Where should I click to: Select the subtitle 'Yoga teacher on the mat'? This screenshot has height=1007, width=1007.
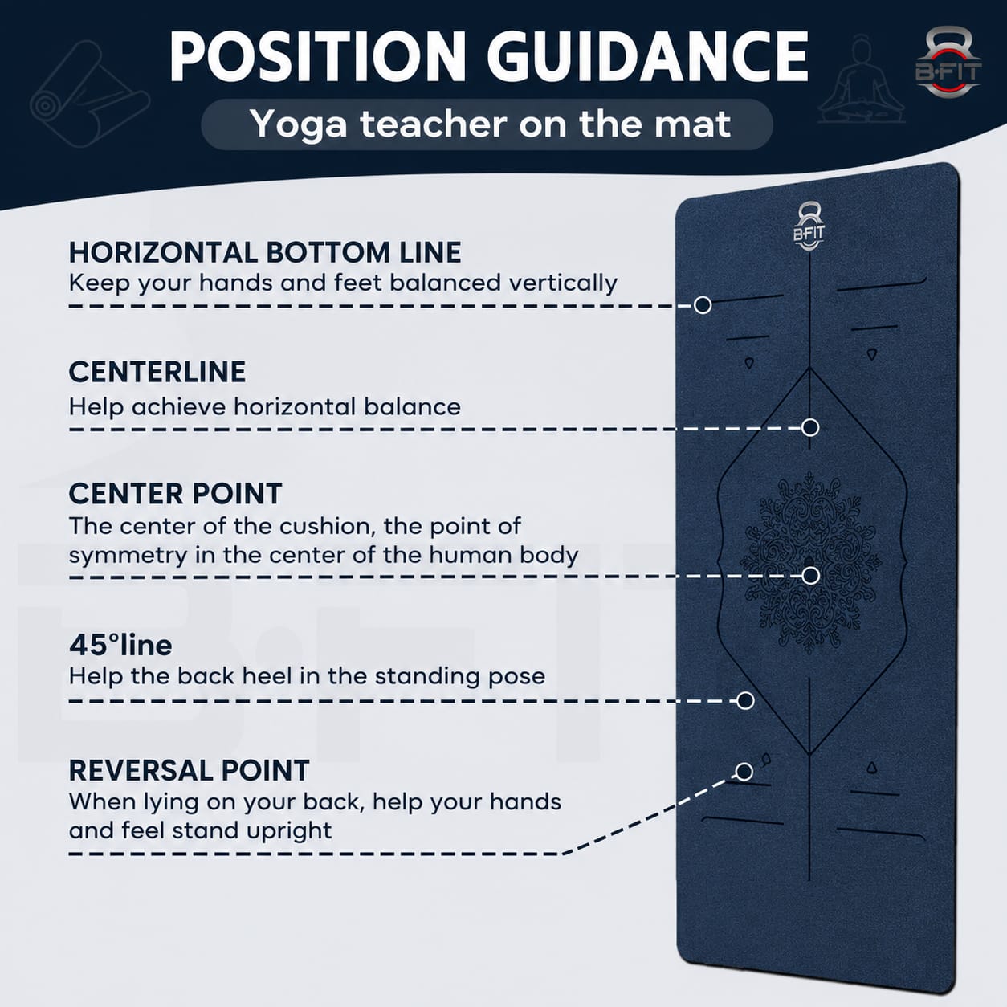point(490,125)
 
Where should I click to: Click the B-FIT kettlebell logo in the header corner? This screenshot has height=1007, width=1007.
point(948,63)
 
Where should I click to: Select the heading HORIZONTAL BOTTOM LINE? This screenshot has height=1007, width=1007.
point(265,252)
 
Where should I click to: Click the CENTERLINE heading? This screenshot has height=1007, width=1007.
point(157,372)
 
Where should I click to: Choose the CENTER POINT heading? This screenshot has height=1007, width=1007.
point(176,494)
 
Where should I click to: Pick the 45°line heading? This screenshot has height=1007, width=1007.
point(120,646)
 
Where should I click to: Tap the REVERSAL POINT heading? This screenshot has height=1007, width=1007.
point(190,770)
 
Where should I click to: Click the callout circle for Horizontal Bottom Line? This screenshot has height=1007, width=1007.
point(703,305)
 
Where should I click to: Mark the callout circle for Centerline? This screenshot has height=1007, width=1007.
point(810,427)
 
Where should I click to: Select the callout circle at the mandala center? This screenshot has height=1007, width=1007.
point(810,576)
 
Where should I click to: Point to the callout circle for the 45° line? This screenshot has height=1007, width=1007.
point(745,700)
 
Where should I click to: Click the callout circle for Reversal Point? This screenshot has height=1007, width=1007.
point(744,772)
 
